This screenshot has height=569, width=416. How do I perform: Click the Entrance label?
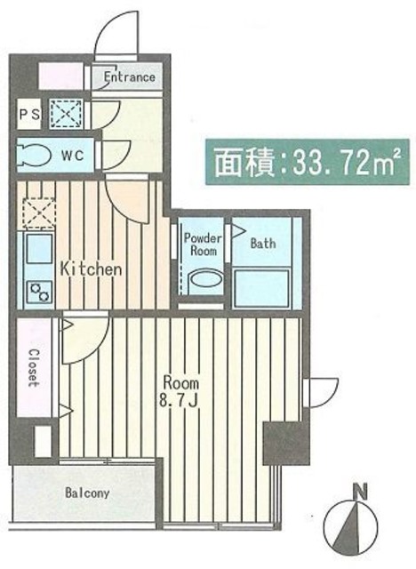coord(130,77)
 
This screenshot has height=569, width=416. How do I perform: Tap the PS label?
coord(29,115)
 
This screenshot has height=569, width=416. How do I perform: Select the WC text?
coord(73,156)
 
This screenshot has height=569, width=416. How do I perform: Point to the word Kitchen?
coord(91,268)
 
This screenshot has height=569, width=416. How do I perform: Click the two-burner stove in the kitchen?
coord(39,292)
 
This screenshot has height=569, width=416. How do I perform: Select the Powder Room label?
coord(203,244)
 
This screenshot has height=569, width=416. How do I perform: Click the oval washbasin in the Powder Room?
coord(204,280)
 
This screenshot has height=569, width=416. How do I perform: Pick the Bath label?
coord(263,243)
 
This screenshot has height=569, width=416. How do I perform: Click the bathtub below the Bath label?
coord(262,288)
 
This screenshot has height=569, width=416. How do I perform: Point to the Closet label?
coord(34,368)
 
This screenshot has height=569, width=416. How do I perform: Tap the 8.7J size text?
coord(178,401)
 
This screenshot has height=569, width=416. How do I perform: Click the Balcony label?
coord(87,493)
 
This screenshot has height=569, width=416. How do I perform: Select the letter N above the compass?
coord(361,493)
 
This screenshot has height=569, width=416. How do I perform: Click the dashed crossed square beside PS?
coord(67,114)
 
